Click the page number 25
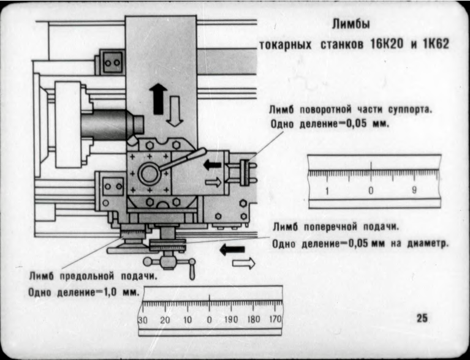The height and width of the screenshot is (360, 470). click(x=422, y=317)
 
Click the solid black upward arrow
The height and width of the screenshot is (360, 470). click(x=157, y=99)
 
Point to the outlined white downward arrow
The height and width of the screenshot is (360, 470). click(x=175, y=111)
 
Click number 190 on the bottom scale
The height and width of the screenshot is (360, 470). click(x=232, y=320)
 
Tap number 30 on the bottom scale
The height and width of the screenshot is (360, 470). click(x=143, y=320)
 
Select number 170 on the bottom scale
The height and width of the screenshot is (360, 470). click(x=275, y=320)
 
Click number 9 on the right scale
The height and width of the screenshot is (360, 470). click(x=414, y=191)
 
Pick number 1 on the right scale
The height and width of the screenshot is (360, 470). click(x=327, y=191)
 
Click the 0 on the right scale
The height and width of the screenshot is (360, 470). click(x=371, y=191)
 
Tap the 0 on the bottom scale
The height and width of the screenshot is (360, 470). click(x=209, y=320)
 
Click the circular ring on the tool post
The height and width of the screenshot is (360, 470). click(x=150, y=173)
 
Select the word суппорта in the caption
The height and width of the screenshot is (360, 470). click(x=409, y=110)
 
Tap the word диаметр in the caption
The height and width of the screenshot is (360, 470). click(x=428, y=242)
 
